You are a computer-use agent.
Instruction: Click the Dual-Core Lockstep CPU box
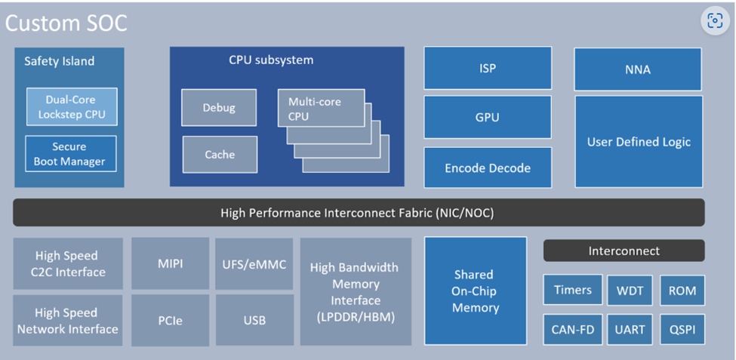[x=72, y=107]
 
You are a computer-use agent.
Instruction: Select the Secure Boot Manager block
[x=70, y=154]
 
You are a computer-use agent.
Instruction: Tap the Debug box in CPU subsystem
[x=219, y=107]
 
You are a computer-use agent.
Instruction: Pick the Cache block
[x=220, y=155]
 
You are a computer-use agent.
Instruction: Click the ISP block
[x=488, y=69]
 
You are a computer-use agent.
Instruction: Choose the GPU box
[x=488, y=118]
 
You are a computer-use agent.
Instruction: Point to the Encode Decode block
[x=488, y=168]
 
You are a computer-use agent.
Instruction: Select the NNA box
[x=638, y=69]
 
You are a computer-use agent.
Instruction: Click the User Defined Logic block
[x=639, y=142]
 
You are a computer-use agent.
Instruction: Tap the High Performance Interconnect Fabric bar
[x=359, y=213]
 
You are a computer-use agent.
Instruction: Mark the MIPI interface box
[x=171, y=264]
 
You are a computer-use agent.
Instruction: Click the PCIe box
[x=171, y=320]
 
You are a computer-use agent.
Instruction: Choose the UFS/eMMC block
[x=254, y=264]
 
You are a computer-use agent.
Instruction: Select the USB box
[x=254, y=320]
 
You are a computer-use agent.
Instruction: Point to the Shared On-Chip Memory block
[x=476, y=291]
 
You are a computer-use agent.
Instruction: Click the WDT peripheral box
[x=630, y=291]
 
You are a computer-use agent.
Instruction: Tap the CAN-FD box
[x=572, y=330]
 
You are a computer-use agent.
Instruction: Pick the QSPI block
[x=682, y=330]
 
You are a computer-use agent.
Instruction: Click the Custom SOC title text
[x=66, y=23]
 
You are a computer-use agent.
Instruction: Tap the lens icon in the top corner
[x=715, y=21]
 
